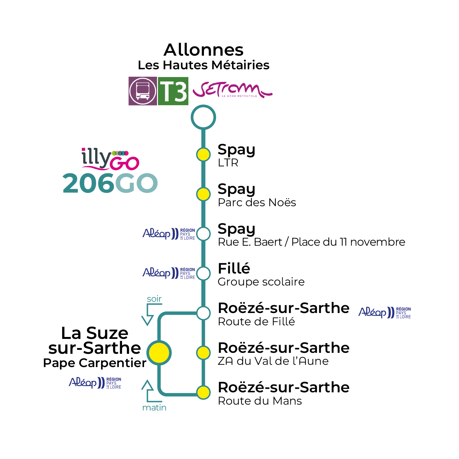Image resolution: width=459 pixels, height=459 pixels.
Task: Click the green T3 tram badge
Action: pyautogui.click(x=173, y=91)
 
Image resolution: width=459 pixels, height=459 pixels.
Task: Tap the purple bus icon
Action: pyautogui.click(x=143, y=91)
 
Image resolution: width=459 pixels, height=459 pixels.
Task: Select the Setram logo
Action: pyautogui.click(x=232, y=90)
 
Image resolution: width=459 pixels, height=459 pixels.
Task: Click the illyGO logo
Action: pyautogui.click(x=110, y=159)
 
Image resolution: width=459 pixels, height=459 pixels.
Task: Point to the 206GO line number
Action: pyautogui.click(x=110, y=183)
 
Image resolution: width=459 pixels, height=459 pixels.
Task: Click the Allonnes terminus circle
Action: pyautogui.click(x=203, y=117)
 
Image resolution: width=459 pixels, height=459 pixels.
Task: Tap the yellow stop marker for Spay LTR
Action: pyautogui.click(x=203, y=155)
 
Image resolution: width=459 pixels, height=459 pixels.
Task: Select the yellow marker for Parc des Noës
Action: pyautogui.click(x=203, y=194)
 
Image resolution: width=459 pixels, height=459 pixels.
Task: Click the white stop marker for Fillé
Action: pyautogui.click(x=203, y=274)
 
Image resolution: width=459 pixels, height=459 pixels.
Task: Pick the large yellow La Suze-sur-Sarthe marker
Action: pyautogui.click(x=159, y=353)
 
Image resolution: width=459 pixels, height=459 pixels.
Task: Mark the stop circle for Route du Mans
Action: pyautogui.click(x=203, y=392)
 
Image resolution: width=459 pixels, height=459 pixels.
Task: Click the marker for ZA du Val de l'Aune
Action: pyautogui.click(x=203, y=353)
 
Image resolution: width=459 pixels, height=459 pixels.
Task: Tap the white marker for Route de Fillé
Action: pyautogui.click(x=203, y=313)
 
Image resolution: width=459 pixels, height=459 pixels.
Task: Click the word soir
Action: pyautogui.click(x=154, y=299)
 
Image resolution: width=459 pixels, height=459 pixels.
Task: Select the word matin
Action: pyautogui.click(x=154, y=408)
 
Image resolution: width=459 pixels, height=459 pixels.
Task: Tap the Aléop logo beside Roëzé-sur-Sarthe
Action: pyautogui.click(x=385, y=313)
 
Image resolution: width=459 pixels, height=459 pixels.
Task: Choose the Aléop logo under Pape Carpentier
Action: pyautogui.click(x=95, y=383)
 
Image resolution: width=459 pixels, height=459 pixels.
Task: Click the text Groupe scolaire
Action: pyautogui.click(x=261, y=282)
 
